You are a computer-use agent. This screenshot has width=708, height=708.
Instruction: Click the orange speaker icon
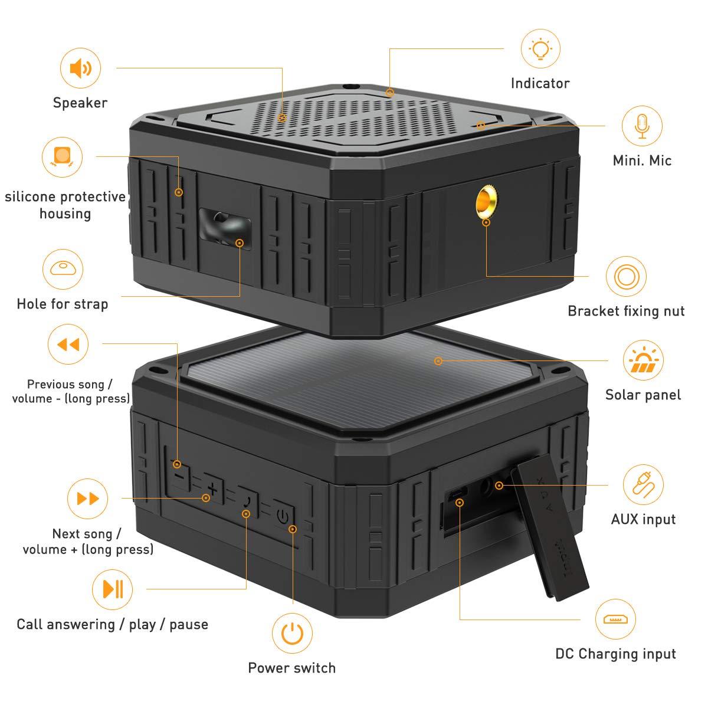click(80, 69)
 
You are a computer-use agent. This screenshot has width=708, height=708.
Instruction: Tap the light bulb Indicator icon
click(540, 49)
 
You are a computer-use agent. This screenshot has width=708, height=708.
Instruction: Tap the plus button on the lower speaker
click(213, 487)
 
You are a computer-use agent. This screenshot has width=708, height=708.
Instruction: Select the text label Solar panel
click(643, 395)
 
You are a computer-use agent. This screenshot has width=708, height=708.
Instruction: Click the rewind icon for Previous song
click(68, 344)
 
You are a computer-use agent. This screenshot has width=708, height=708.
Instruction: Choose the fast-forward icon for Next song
click(88, 499)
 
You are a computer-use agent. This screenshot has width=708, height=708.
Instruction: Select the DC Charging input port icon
click(616, 619)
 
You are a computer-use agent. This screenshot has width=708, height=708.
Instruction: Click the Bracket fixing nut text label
click(626, 311)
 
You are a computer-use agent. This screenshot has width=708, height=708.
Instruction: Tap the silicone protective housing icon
click(62, 156)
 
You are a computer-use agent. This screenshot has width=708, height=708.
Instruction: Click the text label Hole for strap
click(63, 304)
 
